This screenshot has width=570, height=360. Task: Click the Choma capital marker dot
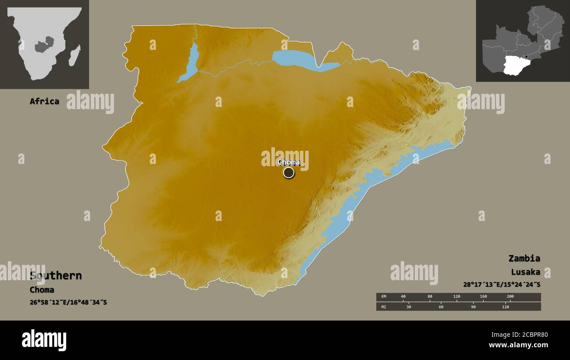point(289,173)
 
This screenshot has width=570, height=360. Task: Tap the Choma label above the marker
point(289,162)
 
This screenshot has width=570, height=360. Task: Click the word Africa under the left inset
point(44,101)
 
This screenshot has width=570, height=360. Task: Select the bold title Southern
point(56,276)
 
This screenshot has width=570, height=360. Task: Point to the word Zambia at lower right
point(524,258)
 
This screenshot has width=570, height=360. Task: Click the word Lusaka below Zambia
point(525,272)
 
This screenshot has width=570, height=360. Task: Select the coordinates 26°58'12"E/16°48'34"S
point(68,303)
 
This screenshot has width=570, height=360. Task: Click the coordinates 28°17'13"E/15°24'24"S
point(502,285)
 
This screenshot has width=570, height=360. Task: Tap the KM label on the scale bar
point(384,297)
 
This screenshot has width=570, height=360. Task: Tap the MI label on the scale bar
point(384,307)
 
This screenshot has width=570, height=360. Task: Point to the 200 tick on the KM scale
point(509,297)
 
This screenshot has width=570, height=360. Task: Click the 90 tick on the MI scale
point(473,307)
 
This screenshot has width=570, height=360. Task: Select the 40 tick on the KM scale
point(403,297)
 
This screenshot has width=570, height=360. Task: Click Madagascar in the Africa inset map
point(75,55)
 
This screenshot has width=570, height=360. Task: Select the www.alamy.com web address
point(518,345)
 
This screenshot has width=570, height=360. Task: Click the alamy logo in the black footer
point(44,340)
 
